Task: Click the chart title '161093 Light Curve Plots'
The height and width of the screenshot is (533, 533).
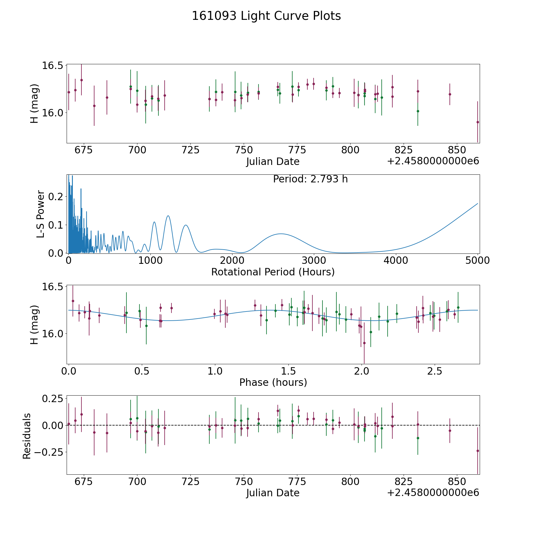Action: (266, 16)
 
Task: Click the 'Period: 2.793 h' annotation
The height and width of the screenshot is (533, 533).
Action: (310, 179)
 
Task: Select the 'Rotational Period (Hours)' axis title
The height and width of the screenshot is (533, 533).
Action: (273, 272)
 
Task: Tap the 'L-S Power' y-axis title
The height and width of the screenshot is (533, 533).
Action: (41, 214)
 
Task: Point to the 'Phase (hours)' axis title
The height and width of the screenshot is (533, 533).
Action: (273, 382)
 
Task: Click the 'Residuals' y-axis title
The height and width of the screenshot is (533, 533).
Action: (27, 436)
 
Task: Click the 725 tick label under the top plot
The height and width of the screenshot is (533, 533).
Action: (190, 150)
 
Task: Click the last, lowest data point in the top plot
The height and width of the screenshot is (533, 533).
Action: (478, 122)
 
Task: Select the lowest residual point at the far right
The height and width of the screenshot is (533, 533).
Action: (478, 451)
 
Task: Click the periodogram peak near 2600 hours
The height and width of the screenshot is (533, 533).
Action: (280, 234)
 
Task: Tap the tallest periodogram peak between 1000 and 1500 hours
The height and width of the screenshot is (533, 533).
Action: (168, 216)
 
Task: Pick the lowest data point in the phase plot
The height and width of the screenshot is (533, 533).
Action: (364, 343)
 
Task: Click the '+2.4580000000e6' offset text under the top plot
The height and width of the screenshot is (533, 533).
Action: (433, 161)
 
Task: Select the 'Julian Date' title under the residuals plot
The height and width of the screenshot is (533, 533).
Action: (273, 493)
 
